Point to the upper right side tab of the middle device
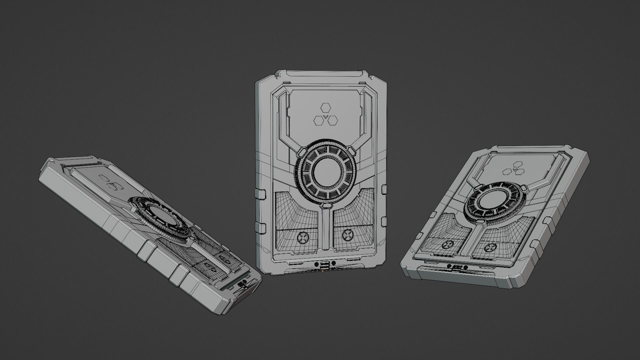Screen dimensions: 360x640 (384, 189)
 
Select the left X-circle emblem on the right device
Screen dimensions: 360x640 (446, 245)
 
